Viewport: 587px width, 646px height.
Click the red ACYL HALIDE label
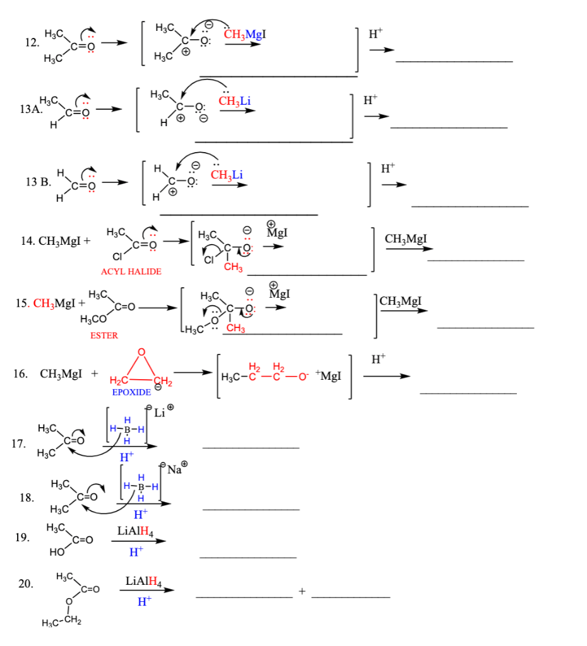[131, 271]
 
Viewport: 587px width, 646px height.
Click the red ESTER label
[104, 336]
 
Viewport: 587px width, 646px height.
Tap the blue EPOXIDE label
[131, 392]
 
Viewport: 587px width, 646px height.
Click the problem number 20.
[25, 584]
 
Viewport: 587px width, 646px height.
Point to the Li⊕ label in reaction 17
[163, 413]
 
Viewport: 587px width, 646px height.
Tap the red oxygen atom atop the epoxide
[141, 351]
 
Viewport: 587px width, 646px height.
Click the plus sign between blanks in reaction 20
[302, 591]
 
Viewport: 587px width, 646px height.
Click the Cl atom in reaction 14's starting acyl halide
[116, 257]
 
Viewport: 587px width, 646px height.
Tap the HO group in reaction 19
[56, 553]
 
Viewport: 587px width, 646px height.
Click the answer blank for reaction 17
[251, 447]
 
